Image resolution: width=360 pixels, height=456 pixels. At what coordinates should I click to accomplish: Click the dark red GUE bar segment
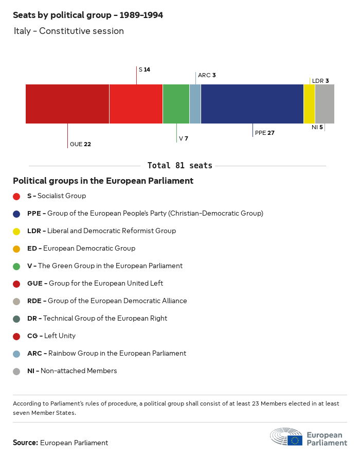[x=67, y=104]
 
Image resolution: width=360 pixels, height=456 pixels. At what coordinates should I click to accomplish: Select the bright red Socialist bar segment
[x=136, y=104]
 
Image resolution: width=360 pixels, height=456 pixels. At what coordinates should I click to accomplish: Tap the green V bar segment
[x=176, y=104]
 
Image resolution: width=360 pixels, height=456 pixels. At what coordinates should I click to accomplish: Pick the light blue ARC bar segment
[x=195, y=104]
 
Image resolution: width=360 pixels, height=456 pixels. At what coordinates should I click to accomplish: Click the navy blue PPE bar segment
[x=252, y=104]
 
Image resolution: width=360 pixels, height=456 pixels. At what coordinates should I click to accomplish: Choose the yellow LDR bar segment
[x=309, y=104]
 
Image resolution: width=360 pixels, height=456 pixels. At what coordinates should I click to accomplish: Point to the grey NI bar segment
[x=325, y=104]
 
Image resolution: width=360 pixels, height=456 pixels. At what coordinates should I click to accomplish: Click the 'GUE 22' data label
[x=80, y=144]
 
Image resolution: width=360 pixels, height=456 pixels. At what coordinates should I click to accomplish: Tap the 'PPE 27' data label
[x=265, y=133]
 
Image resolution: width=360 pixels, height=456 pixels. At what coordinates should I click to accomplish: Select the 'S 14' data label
[x=144, y=69]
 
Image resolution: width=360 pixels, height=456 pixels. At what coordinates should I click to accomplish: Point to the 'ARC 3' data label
[x=207, y=75]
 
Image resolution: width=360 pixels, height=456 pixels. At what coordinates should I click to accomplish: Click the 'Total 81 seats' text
[x=179, y=166]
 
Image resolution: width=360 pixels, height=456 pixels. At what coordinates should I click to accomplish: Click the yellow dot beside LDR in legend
[x=16, y=231]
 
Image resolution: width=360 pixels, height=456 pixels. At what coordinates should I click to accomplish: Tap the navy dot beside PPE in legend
[x=16, y=214]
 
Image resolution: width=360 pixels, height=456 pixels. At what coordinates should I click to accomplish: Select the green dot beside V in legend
[x=16, y=266]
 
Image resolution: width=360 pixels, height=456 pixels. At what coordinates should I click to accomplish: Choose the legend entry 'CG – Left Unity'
[x=51, y=336]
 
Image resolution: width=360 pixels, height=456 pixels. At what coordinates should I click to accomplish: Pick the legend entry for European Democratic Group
[x=81, y=249]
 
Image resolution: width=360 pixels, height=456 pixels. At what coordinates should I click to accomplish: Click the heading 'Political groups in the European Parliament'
[x=103, y=181]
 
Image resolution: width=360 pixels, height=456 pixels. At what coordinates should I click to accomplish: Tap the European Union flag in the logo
[x=295, y=440]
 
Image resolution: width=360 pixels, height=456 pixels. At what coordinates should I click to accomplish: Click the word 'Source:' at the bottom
[x=25, y=443]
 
